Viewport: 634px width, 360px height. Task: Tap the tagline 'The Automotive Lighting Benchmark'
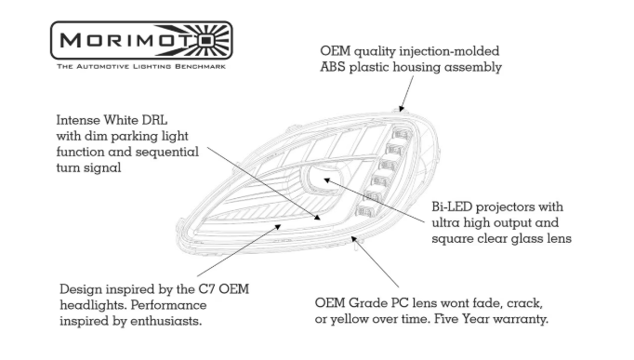point(141,66)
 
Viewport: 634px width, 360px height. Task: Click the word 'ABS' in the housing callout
point(333,67)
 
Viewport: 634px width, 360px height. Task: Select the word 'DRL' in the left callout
point(154,120)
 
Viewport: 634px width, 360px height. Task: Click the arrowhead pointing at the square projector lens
point(326,180)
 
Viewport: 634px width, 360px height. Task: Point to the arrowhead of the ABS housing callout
point(401,108)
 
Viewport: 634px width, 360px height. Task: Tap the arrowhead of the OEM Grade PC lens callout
point(354,239)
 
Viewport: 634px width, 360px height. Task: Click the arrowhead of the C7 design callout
point(278,227)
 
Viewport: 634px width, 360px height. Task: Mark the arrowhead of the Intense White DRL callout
point(318,218)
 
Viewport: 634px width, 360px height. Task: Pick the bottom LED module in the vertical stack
point(365,211)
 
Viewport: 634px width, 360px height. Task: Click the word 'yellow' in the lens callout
point(348,320)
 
